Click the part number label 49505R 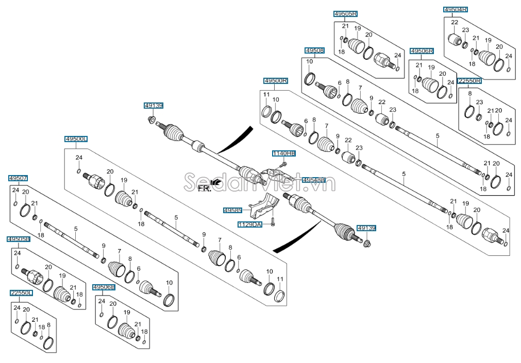click(345, 13)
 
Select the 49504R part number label click(456, 9)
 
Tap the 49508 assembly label click(314, 50)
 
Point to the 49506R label click(422, 51)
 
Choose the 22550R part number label click(469, 81)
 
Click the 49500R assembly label click(276, 81)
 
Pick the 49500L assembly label click(76, 139)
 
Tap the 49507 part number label click(19, 178)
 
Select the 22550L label click(21, 292)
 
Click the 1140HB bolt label click(284, 153)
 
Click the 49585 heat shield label click(232, 211)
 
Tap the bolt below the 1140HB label click(283, 164)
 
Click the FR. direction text click(205, 188)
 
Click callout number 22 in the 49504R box click(454, 22)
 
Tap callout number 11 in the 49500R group click(266, 94)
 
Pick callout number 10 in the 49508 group click(309, 62)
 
